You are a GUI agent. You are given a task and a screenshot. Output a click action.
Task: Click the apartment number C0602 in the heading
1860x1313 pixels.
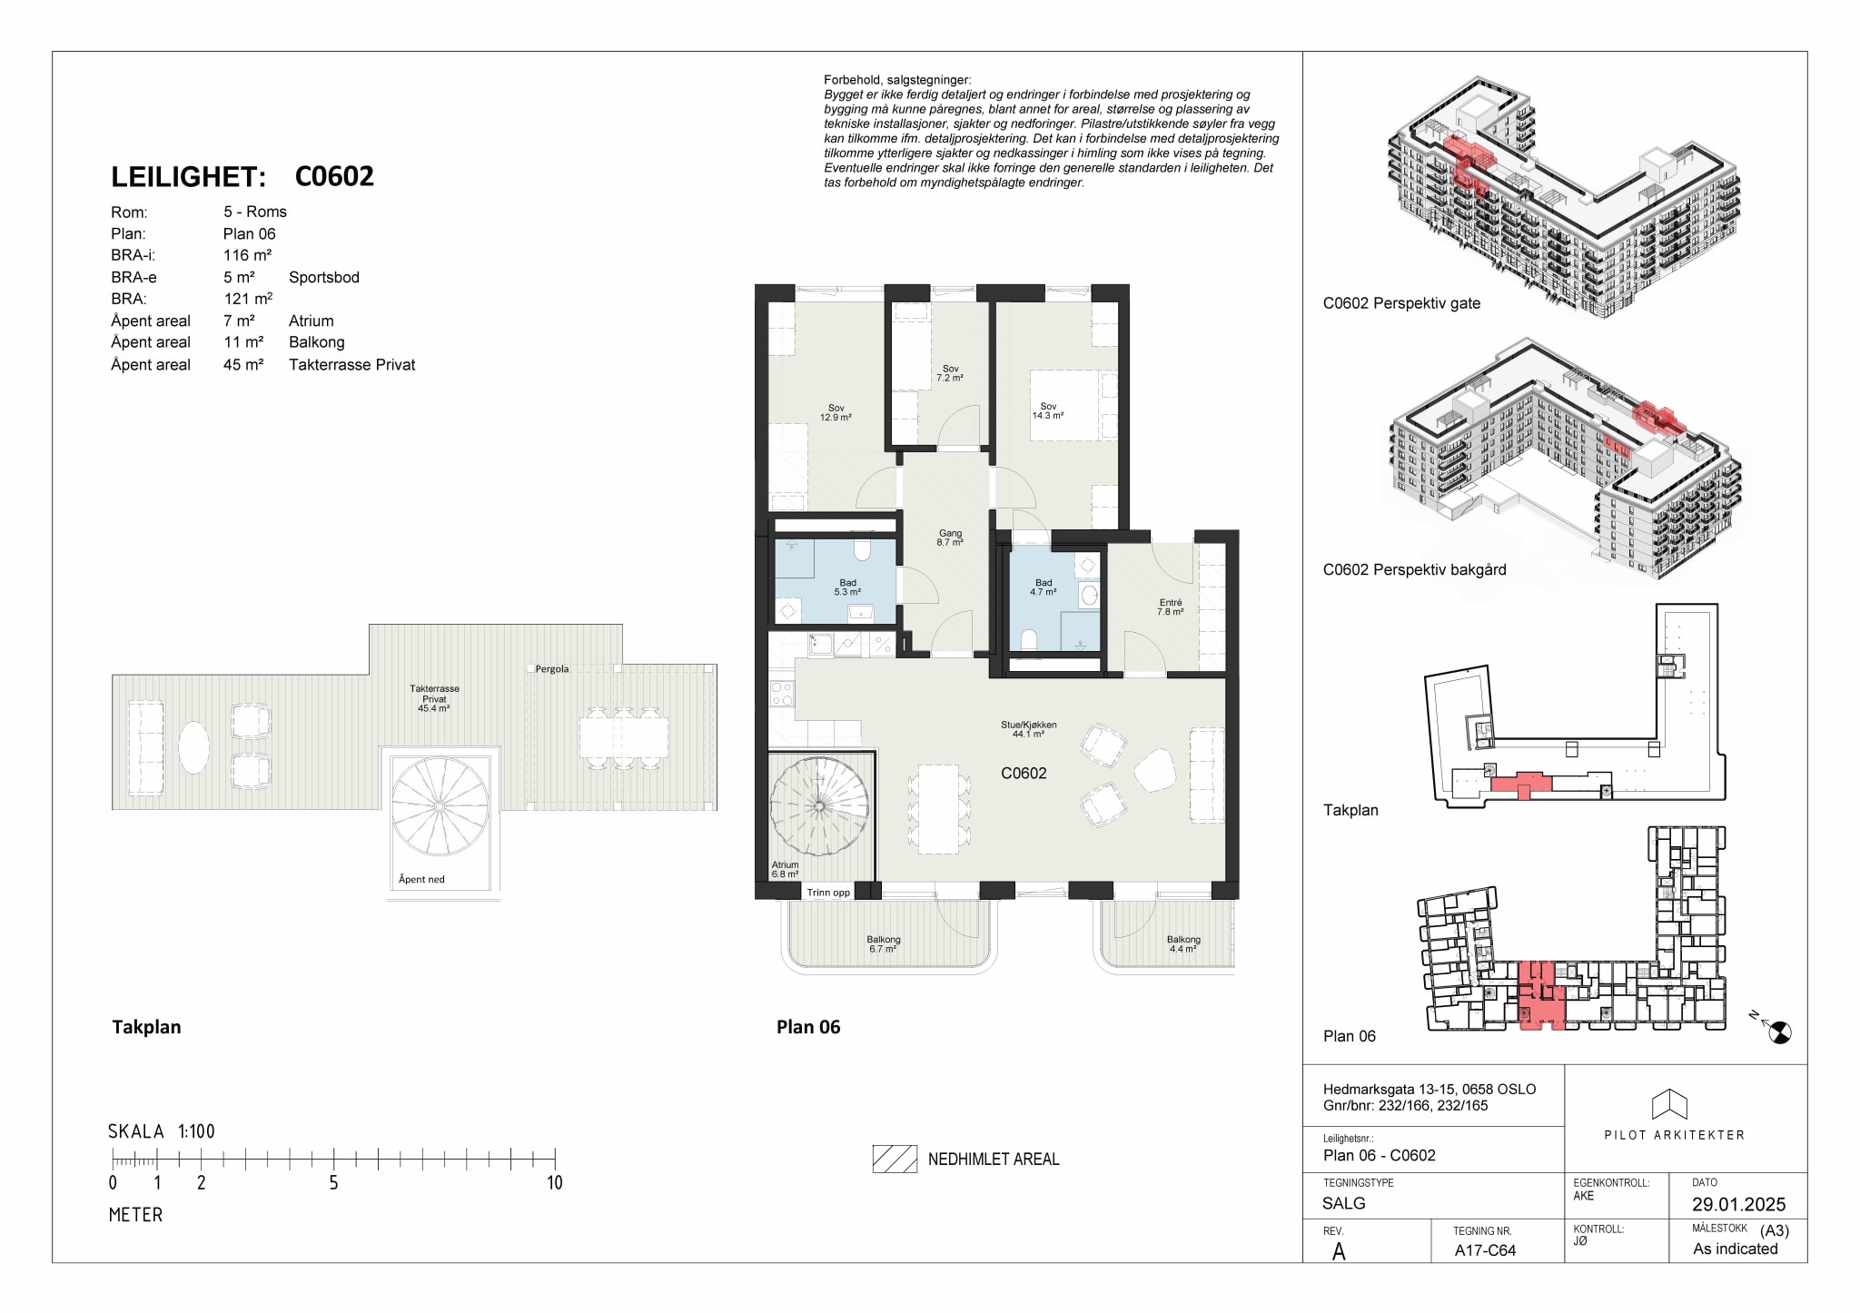(334, 176)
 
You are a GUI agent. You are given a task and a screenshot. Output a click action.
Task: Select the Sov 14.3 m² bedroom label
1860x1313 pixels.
(1048, 411)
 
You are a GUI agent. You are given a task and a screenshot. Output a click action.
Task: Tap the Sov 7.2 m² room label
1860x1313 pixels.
(950, 373)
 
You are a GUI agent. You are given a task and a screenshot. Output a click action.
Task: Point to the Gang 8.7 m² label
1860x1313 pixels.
(950, 538)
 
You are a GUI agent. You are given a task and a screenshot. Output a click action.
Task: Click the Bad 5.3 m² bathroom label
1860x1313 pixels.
(847, 587)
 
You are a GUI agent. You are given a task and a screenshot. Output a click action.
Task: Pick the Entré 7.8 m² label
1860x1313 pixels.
(1171, 607)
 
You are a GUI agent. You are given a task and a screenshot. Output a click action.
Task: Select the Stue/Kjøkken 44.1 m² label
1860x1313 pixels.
(1028, 729)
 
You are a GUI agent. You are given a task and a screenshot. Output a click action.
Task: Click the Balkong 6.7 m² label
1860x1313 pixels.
(883, 944)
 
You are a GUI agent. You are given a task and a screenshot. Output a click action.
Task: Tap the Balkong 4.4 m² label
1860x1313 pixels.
(1183, 944)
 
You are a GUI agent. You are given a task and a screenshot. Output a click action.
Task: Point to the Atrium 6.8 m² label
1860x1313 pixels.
(785, 870)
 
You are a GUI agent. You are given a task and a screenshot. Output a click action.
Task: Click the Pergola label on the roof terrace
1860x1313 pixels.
(552, 669)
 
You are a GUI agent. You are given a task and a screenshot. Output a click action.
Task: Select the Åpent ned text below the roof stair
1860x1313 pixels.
(421, 879)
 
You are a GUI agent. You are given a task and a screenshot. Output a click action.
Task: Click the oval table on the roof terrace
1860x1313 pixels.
(194, 747)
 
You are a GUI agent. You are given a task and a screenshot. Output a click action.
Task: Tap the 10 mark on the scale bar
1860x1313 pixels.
(554, 1182)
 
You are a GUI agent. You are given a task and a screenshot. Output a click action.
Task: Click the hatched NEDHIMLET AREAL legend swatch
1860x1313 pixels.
(895, 1159)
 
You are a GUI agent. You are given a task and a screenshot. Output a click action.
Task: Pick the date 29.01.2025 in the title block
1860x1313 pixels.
(1738, 1204)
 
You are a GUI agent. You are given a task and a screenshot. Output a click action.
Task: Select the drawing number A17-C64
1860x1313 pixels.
(1485, 1250)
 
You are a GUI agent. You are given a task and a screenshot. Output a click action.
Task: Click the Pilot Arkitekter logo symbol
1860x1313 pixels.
(1669, 1104)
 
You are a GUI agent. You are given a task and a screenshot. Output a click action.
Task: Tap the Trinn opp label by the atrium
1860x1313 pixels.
(828, 893)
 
